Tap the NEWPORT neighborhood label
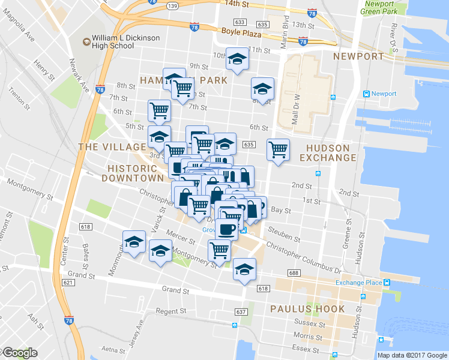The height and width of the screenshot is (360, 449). click(358, 56)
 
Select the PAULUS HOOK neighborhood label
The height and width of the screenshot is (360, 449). click(307, 309)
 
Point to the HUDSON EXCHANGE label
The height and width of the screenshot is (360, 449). click(331, 153)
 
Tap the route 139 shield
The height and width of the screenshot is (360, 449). click(172, 5)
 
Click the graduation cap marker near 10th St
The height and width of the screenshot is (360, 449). click(237, 59)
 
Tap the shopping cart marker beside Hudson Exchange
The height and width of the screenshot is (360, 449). click(278, 149)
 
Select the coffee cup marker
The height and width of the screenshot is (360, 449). click(227, 229)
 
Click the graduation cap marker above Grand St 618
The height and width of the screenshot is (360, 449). click(244, 269)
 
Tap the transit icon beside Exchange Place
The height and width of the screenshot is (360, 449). click(387, 283)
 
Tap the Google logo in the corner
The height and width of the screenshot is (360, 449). click(20, 353)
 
